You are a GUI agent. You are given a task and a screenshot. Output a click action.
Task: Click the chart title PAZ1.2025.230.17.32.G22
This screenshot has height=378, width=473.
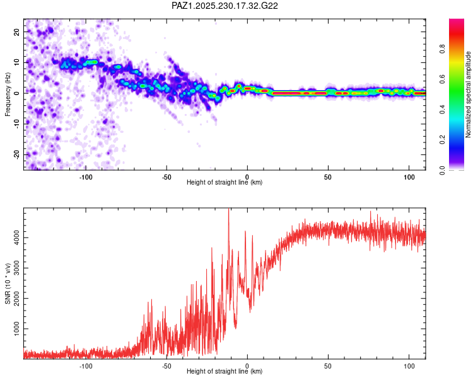[225, 6]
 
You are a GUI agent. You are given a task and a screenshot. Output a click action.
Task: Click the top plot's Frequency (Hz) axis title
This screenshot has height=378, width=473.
[8, 94]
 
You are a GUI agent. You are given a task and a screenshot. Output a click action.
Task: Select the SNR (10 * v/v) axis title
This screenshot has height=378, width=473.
[8, 283]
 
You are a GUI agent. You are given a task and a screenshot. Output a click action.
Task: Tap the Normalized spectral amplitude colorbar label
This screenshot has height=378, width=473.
[468, 94]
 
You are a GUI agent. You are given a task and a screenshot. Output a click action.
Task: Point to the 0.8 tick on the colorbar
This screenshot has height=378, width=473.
[442, 49]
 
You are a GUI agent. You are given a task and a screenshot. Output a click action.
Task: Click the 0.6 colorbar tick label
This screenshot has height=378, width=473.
[442, 79]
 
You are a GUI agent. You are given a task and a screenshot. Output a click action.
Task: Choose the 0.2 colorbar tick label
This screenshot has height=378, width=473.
[442, 140]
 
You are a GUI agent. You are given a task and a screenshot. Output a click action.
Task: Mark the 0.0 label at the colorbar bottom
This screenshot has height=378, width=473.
[442, 170]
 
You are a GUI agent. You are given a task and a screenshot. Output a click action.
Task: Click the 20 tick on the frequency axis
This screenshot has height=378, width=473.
[17, 31]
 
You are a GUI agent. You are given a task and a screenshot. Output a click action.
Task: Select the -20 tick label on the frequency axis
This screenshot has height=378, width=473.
[17, 154]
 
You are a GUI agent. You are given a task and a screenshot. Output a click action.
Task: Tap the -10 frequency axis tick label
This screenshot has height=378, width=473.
[17, 124]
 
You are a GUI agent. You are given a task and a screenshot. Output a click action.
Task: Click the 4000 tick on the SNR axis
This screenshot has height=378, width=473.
[17, 238]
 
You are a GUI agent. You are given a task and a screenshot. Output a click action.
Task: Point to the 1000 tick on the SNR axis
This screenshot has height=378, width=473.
[17, 329]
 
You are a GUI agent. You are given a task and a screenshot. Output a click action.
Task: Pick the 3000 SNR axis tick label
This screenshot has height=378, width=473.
[17, 268]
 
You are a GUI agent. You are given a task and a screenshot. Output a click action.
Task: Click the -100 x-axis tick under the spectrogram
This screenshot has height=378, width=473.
[86, 177]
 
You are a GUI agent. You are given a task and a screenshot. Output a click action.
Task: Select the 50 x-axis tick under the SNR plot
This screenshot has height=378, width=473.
[328, 366]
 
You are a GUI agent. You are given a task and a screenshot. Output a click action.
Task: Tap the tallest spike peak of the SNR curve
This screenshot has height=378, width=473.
[229, 209]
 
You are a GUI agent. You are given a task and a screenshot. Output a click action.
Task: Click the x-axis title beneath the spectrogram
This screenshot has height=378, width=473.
[225, 182]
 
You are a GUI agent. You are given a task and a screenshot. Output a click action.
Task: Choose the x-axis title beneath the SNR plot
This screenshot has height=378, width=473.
[225, 371]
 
